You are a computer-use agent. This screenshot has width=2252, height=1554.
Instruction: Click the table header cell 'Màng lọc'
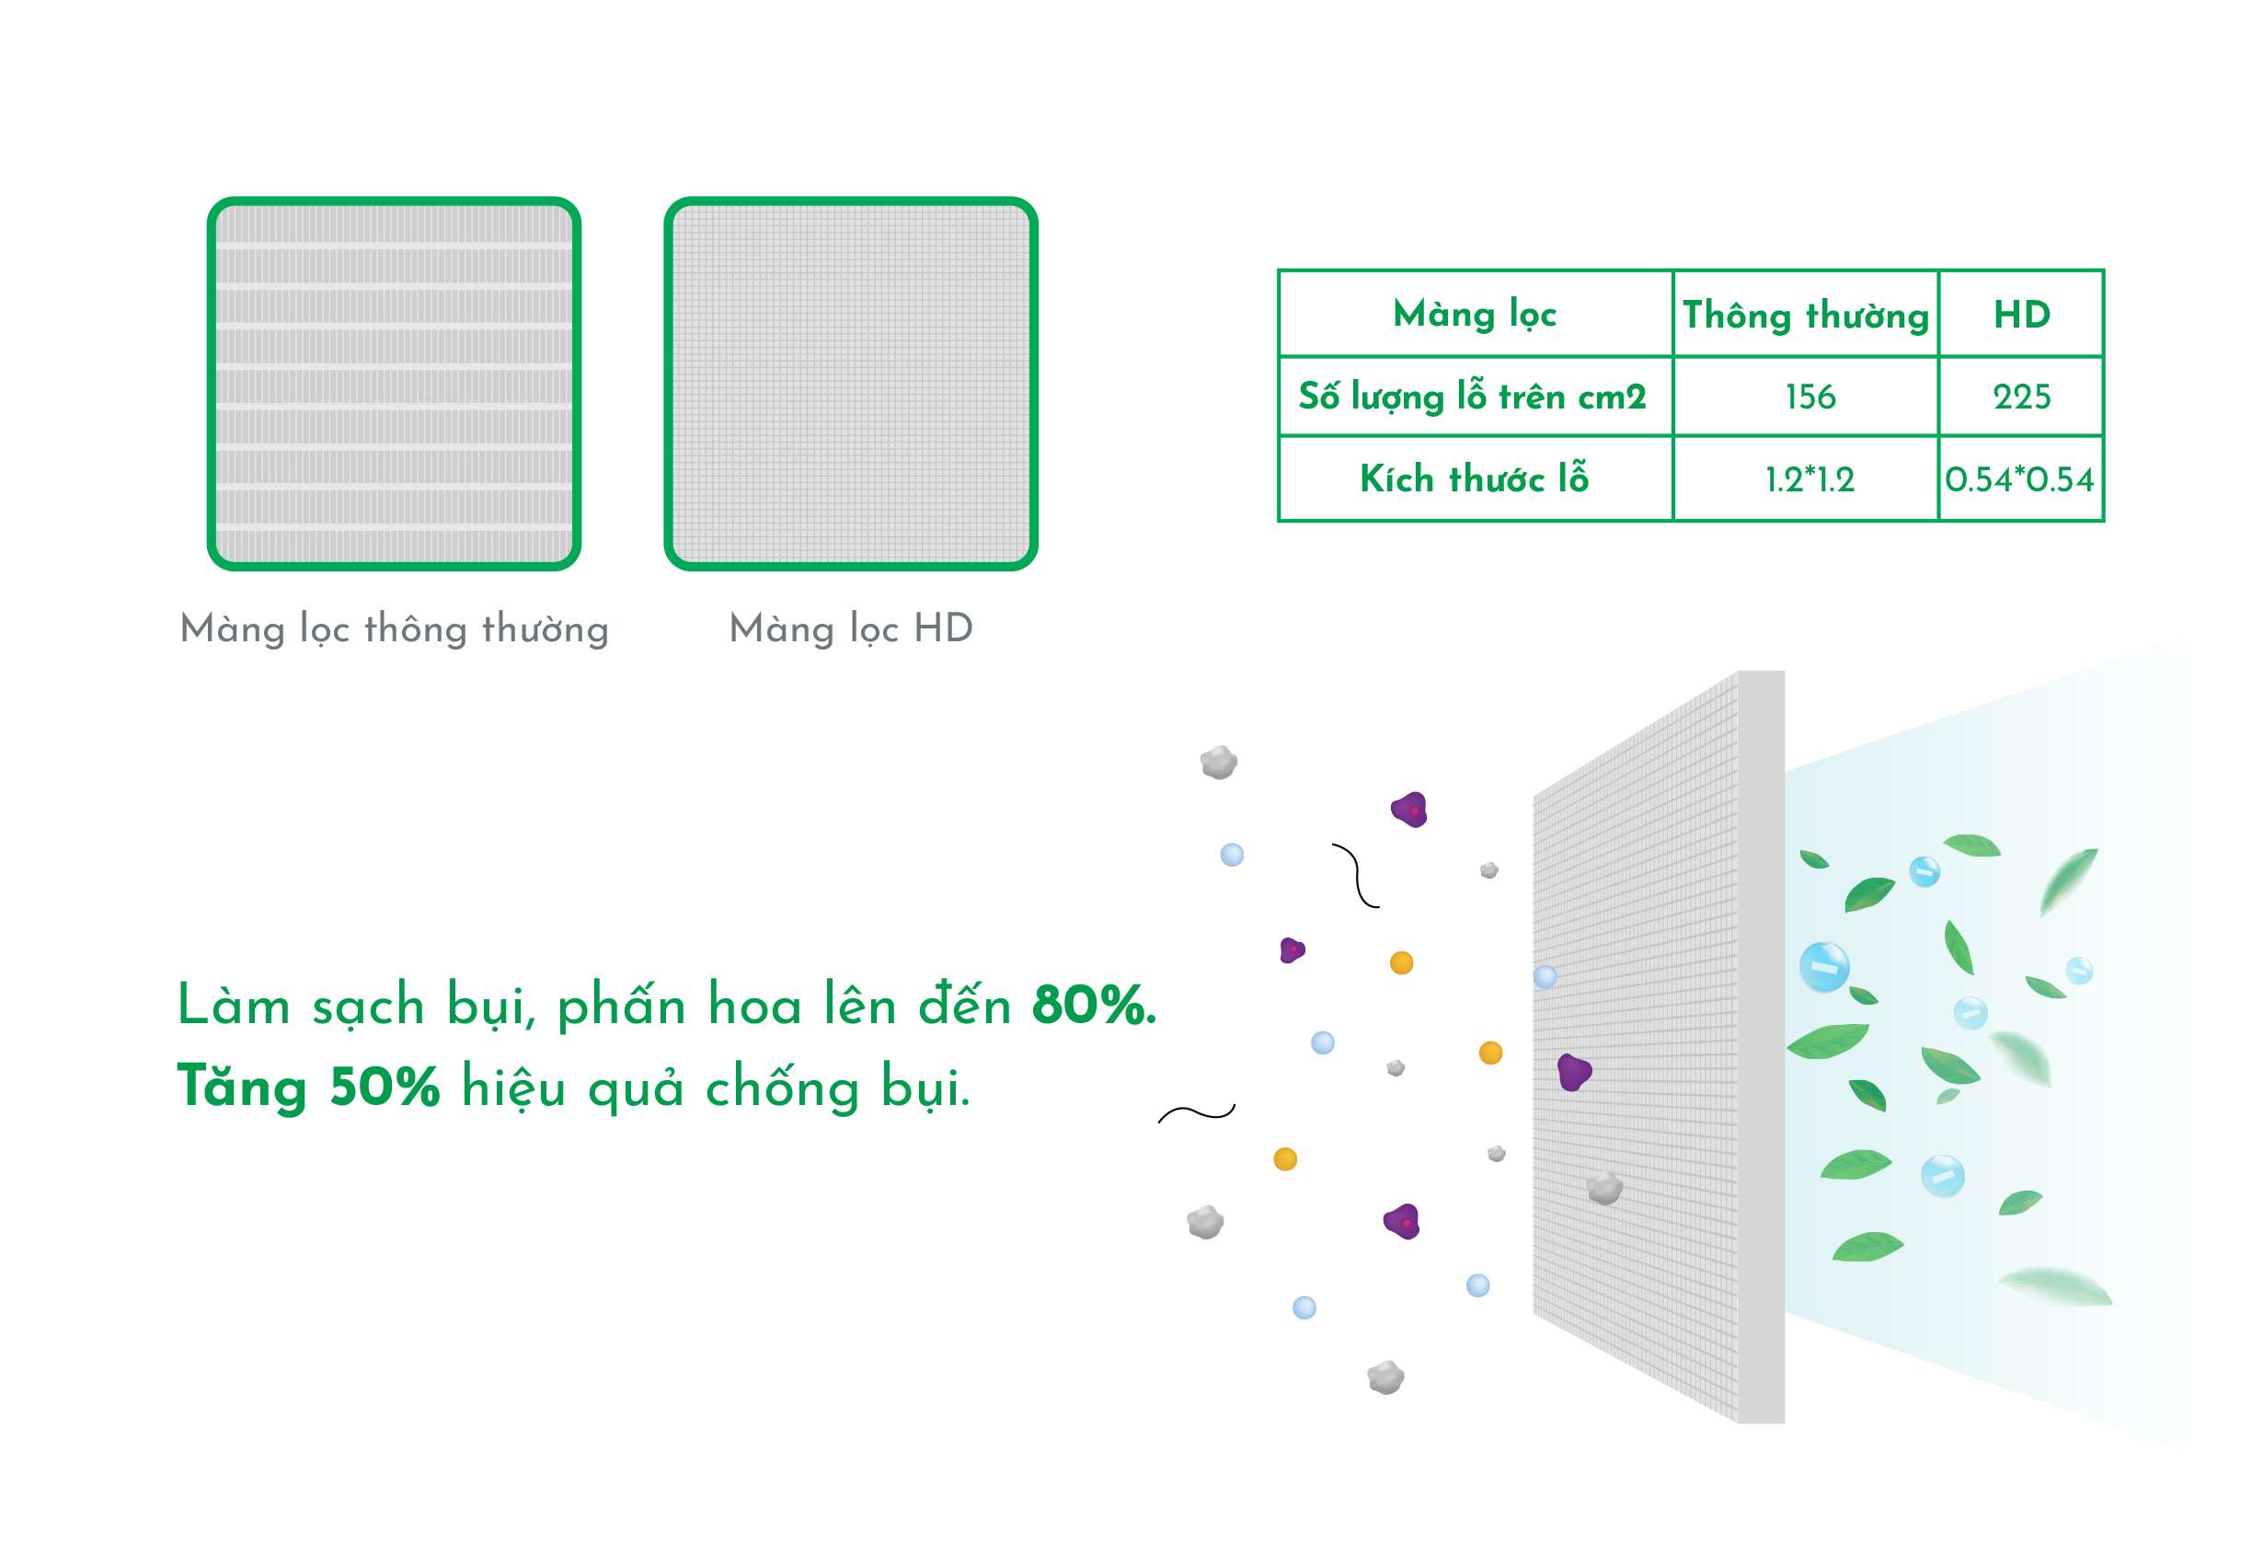click(x=1474, y=315)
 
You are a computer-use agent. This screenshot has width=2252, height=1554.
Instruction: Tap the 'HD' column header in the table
click(x=2020, y=315)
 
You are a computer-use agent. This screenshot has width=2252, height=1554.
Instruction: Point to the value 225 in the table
click(x=2020, y=397)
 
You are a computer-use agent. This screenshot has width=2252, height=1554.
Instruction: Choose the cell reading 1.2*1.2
click(x=1809, y=479)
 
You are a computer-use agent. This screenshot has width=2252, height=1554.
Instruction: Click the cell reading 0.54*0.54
click(x=2019, y=479)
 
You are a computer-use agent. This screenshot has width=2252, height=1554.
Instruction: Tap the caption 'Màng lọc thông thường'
click(x=395, y=629)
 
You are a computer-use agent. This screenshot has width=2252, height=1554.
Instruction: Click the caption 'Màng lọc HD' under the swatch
click(x=851, y=628)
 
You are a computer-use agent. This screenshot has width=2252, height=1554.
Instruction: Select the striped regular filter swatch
click(x=395, y=384)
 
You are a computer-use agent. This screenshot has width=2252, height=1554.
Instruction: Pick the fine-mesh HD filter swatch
click(x=851, y=384)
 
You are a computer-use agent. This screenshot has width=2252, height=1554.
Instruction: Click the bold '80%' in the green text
click(x=1092, y=1005)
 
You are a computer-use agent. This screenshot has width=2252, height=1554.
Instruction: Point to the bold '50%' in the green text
click(x=385, y=1087)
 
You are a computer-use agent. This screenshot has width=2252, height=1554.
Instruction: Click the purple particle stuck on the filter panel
click(x=1572, y=1072)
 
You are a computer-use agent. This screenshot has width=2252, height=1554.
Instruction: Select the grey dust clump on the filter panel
click(x=1603, y=1188)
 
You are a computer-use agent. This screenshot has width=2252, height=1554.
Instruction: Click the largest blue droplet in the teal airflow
click(x=1822, y=967)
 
